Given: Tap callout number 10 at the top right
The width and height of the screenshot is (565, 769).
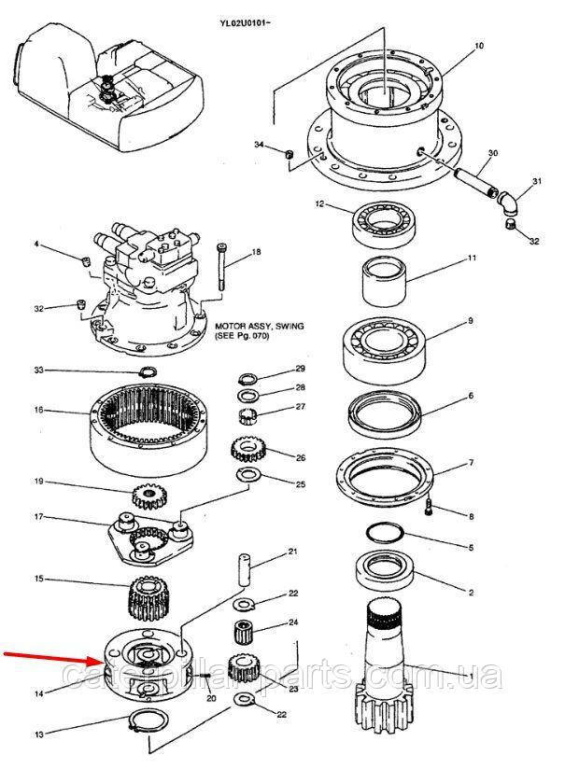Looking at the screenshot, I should (x=479, y=45).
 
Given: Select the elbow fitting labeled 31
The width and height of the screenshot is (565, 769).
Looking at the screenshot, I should (x=507, y=200).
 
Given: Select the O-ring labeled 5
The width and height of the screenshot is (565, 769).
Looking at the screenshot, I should (x=383, y=534).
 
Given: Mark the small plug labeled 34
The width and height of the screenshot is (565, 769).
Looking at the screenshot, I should (x=289, y=152).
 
